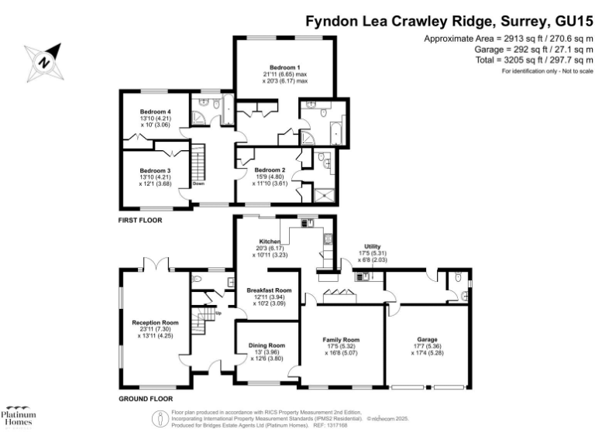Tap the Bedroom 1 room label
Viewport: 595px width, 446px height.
tap(284, 67)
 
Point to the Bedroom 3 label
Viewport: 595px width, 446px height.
tap(155, 170)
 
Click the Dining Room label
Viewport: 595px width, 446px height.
tap(267, 345)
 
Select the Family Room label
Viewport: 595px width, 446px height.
tap(341, 340)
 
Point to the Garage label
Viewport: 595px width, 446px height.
tap(428, 340)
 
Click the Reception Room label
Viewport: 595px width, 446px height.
tap(155, 322)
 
